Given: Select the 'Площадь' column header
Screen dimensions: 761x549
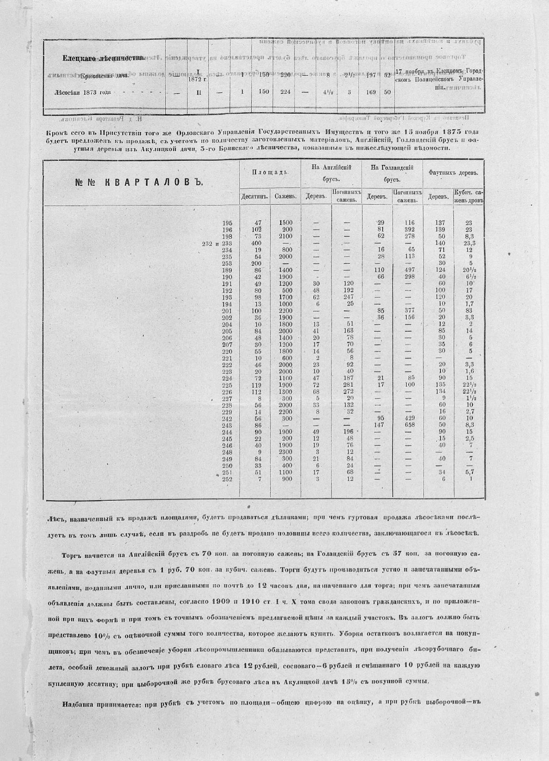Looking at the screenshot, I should [270, 172].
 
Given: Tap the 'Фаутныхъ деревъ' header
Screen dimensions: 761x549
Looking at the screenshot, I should [453, 172].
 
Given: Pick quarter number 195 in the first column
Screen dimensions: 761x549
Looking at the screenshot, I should [227, 223].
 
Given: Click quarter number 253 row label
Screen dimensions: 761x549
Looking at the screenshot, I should [227, 263].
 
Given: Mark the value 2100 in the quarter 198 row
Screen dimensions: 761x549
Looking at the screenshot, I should [286, 236].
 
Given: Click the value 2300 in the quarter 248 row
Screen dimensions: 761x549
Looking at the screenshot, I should [286, 452].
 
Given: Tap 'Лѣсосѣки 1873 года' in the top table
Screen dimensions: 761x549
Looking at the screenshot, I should [83, 92].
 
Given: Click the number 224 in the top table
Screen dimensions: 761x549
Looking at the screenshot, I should [285, 92].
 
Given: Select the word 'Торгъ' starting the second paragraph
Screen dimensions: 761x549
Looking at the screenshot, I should [71, 554].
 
